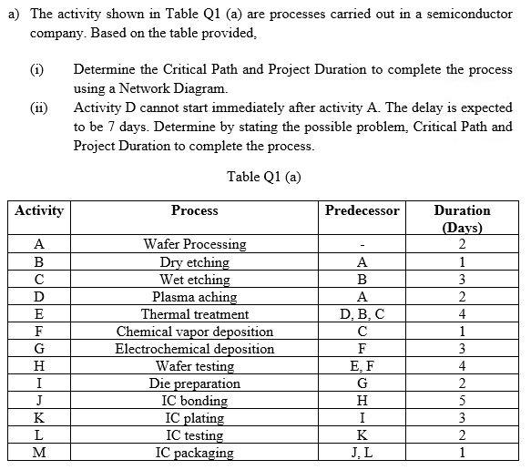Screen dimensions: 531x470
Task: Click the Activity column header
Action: point(39,210)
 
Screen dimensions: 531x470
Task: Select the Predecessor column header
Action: point(362,210)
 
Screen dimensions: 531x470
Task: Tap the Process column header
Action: point(194,210)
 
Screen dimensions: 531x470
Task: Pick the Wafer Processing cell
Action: point(194,244)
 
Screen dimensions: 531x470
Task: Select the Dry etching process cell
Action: point(194,261)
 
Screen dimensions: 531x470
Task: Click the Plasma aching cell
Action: point(194,297)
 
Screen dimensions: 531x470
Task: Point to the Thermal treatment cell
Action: point(194,314)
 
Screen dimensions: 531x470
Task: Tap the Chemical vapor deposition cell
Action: point(194,332)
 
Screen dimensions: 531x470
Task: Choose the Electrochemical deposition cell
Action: point(194,349)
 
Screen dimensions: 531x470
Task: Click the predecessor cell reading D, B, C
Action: point(362,314)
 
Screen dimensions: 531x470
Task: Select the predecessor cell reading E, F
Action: point(362,366)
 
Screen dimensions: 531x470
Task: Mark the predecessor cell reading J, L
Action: point(362,453)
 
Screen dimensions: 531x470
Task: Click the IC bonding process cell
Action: point(194,401)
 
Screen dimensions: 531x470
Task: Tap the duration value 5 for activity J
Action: point(463,401)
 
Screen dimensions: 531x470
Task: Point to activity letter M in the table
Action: point(39,453)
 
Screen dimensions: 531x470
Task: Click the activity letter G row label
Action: point(39,349)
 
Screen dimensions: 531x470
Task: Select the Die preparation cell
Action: point(194,383)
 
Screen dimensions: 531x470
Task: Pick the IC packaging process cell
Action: point(194,453)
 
